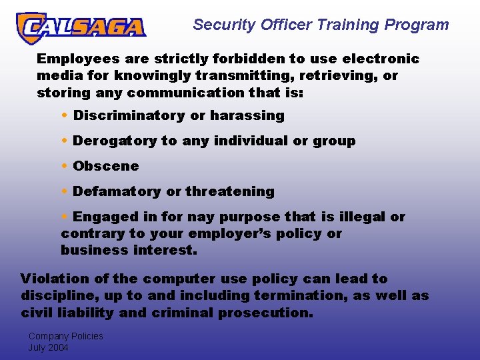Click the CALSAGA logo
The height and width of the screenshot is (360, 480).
point(81,27)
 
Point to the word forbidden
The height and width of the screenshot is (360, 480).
point(221,59)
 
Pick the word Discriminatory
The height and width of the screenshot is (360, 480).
point(129,115)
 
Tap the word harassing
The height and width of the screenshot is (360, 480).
point(247,116)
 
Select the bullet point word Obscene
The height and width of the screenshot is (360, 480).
point(106,166)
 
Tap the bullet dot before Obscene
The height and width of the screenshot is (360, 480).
point(64,166)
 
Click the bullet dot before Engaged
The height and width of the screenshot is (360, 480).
point(64,217)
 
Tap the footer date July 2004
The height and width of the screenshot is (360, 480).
point(48,347)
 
